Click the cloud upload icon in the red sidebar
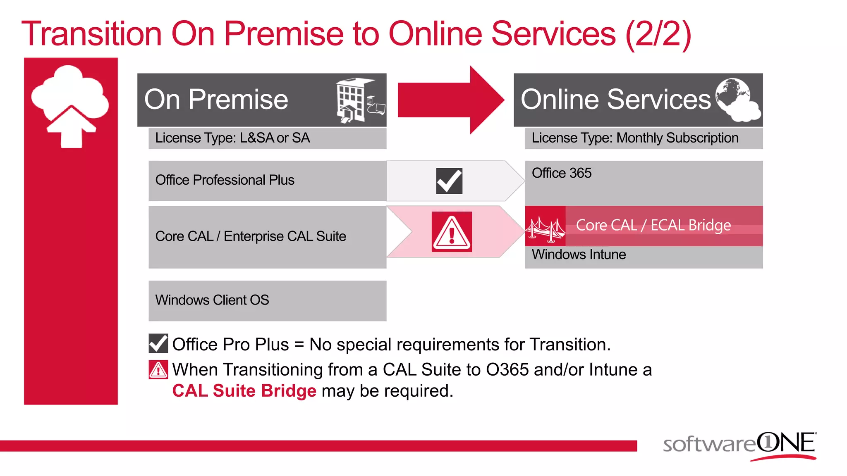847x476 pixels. tap(70, 106)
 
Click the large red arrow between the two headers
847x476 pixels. tap(451, 100)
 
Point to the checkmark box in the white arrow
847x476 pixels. tap(449, 181)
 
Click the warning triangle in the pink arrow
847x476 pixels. tap(452, 232)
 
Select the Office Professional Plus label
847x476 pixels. tap(225, 180)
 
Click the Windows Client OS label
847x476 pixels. tap(212, 300)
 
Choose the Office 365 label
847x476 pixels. tap(561, 173)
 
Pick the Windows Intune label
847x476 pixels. tap(579, 255)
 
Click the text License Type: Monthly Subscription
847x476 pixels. tap(635, 138)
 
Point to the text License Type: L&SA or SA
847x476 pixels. tap(232, 138)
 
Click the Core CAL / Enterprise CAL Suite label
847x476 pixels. tap(251, 236)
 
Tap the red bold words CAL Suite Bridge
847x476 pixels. tap(244, 391)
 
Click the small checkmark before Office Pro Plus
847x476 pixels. tap(158, 344)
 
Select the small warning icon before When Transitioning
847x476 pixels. tap(158, 370)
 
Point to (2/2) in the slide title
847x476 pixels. tap(658, 34)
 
